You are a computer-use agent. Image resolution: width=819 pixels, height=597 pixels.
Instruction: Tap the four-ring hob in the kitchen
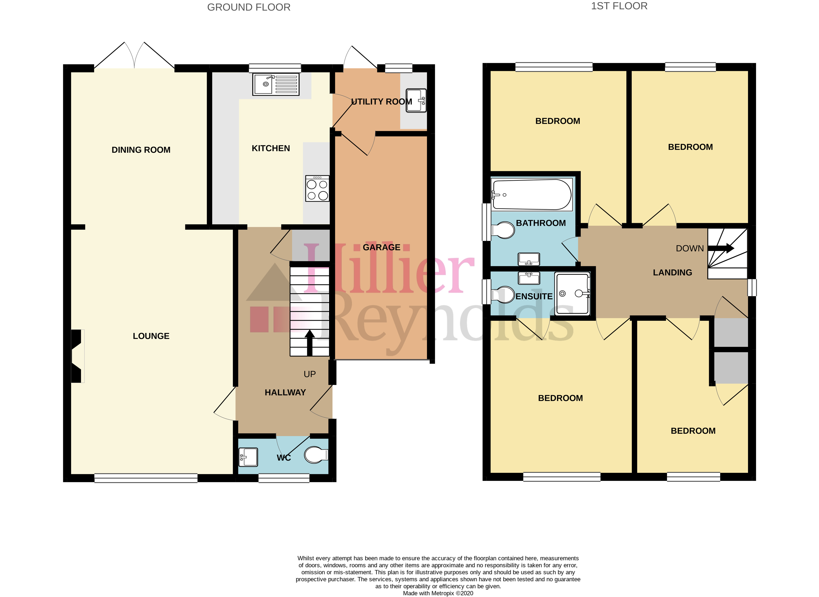click(317, 188)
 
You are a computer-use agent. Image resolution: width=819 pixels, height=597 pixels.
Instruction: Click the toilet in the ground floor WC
click(316, 455)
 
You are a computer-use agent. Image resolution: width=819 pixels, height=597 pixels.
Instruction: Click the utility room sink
click(416, 100)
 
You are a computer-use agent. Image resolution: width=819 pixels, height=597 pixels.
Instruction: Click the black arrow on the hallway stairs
click(310, 343)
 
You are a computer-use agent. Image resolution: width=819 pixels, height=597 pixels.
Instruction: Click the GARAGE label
click(382, 248)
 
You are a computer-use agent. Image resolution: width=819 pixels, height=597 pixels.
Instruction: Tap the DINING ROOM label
click(141, 150)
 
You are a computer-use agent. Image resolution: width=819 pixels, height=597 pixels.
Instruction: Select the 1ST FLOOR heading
click(619, 6)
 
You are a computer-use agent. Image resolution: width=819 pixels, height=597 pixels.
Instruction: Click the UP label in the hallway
click(310, 374)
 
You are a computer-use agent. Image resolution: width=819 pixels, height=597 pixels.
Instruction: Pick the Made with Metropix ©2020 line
click(438, 593)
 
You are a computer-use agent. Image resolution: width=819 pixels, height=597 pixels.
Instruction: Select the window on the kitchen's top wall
click(275, 68)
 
